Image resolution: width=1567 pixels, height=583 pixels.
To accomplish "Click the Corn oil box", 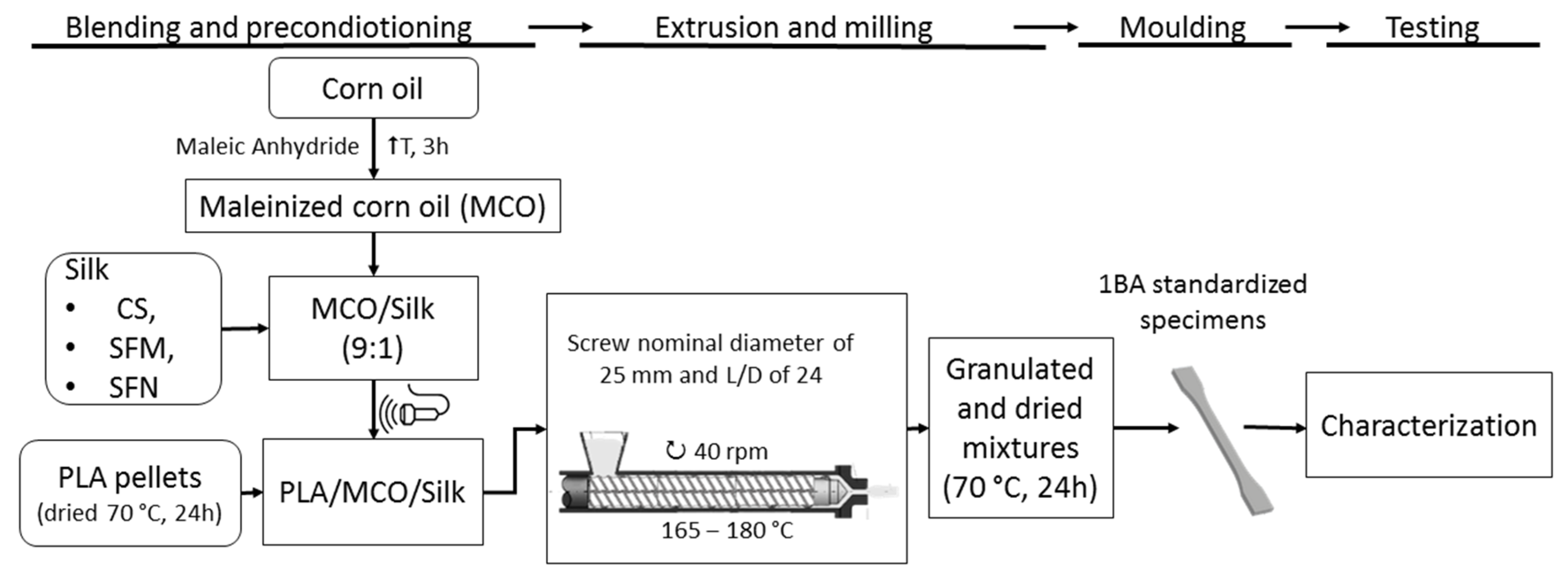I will tap(373, 88).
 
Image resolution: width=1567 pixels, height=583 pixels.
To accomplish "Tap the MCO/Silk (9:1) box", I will tap(373, 328).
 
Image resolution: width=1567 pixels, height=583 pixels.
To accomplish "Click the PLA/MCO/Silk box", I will tap(372, 492).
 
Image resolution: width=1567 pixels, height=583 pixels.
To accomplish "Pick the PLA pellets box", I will tap(129, 493).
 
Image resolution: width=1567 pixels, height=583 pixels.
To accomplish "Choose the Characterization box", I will tap(1428, 425).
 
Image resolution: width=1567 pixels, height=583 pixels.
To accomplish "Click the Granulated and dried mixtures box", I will tap(1020, 428).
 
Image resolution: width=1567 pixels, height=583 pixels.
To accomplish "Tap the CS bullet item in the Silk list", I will tap(136, 309).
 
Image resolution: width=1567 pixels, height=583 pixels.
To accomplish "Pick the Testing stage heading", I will tap(1431, 28).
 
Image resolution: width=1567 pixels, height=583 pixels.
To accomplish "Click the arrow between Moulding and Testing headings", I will tap(1317, 27).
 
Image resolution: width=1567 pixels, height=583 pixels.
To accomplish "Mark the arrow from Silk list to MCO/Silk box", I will tap(245, 328).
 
